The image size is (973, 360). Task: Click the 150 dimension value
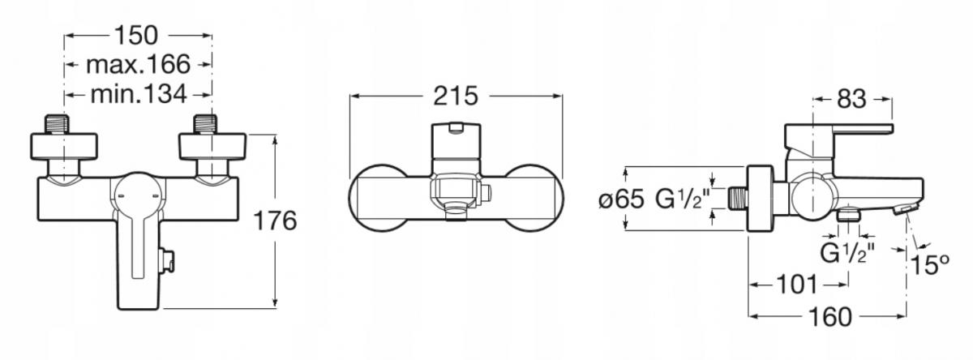pyautogui.click(x=135, y=35)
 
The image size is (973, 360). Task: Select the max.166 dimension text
pyautogui.click(x=138, y=64)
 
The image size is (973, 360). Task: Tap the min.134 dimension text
pyautogui.click(x=139, y=94)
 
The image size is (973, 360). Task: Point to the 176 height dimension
pyautogui.click(x=275, y=221)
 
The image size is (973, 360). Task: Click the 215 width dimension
pyautogui.click(x=455, y=96)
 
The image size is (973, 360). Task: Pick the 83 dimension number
pyautogui.click(x=851, y=99)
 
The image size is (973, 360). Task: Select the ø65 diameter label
pyautogui.click(x=621, y=199)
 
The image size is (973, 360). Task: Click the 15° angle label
pyautogui.click(x=929, y=264)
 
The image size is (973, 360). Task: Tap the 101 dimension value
pyautogui.click(x=796, y=285)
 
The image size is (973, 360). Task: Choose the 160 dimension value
pyautogui.click(x=830, y=317)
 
